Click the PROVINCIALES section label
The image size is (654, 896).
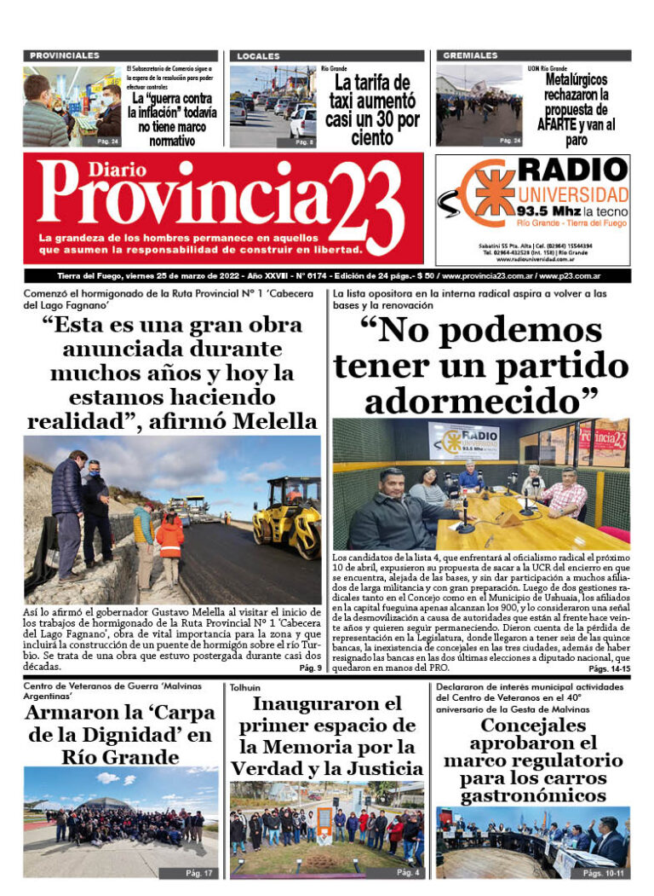point(65,55)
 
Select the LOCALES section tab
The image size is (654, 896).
point(258,55)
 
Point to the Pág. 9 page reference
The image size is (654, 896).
point(310,668)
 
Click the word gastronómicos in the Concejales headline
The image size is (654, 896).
point(533,795)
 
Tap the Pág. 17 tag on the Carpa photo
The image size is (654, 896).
point(201,872)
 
